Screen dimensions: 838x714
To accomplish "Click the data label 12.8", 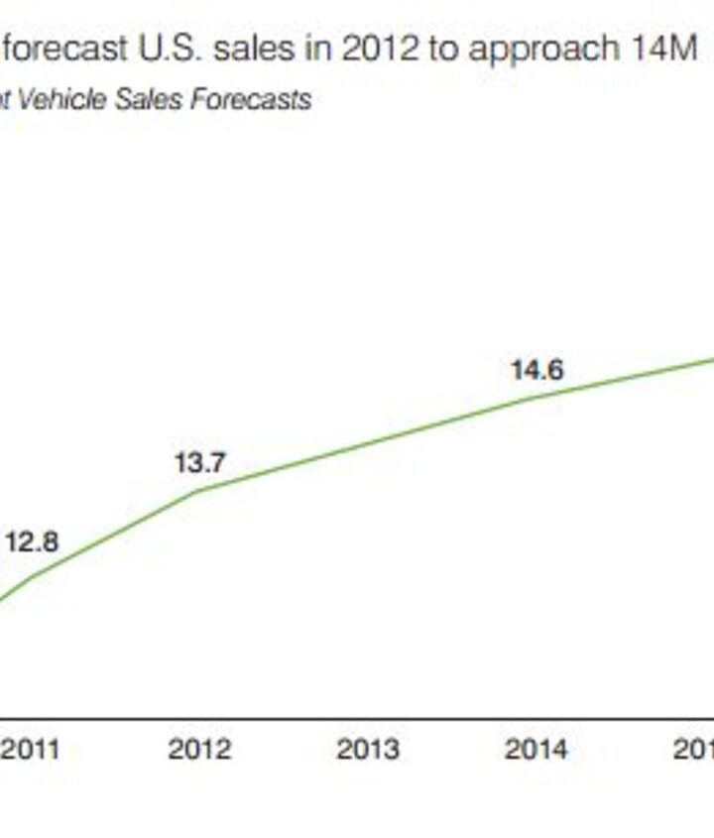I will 32,542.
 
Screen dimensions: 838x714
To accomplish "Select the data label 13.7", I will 200,463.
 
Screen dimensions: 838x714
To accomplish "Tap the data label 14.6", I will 536,371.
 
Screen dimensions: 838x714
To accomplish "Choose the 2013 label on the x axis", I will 368,749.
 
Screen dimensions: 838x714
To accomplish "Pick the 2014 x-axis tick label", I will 536,749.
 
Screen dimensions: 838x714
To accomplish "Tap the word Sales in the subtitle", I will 146,100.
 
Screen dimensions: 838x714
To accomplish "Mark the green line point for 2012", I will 198,491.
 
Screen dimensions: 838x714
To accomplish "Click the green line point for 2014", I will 536,398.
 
